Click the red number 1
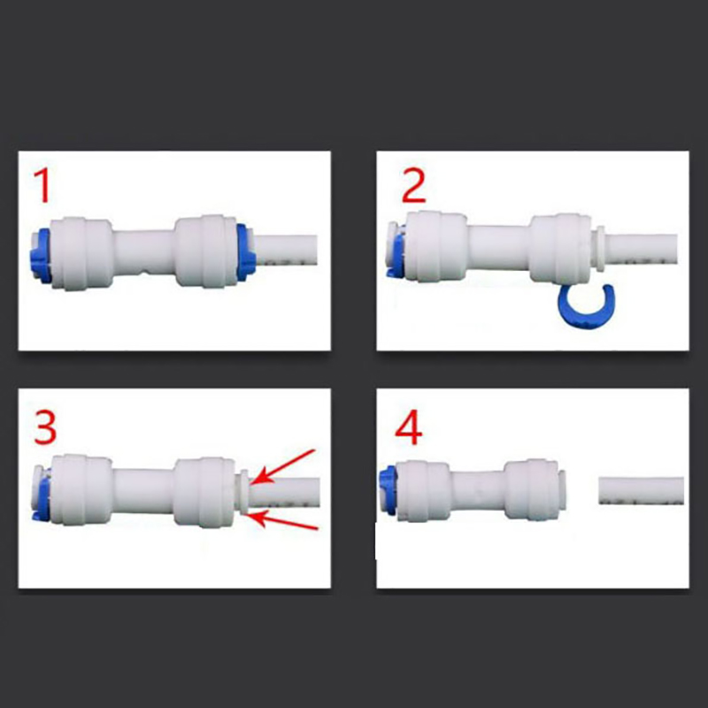[42, 185]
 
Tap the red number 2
[413, 185]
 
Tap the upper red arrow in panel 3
[283, 466]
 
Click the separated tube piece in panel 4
[641, 490]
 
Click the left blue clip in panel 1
[42, 256]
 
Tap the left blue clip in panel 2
[395, 250]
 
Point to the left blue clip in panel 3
[42, 496]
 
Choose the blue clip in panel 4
[387, 491]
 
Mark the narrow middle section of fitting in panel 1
[144, 252]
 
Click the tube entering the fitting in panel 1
[285, 250]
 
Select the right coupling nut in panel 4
[530, 490]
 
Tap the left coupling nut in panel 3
[81, 490]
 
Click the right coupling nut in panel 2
[560, 249]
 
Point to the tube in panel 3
[284, 492]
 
